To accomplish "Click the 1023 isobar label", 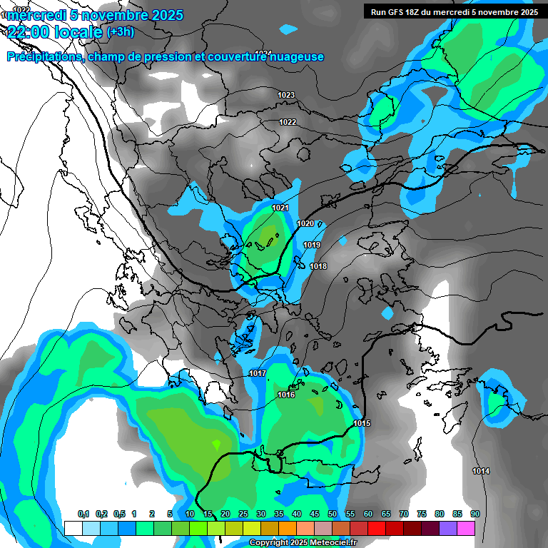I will [286, 95].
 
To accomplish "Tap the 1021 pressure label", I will [280, 208].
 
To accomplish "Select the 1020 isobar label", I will [305, 223].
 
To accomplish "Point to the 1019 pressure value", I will [312, 245].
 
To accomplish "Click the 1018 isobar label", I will [318, 266].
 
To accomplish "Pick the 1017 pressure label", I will [258, 374].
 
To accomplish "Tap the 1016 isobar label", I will [286, 395].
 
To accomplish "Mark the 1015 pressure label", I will [362, 424].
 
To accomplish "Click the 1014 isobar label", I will [481, 471].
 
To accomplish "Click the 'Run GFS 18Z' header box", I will [452, 11].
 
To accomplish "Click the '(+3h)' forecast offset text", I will [120, 32].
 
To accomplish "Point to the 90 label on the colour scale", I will [475, 514].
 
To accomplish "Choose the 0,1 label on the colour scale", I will [83, 514].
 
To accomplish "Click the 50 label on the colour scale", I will [333, 514].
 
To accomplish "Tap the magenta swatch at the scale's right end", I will [466, 528].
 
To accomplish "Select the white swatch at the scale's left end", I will [73, 528].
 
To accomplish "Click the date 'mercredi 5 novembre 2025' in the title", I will [95, 15].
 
